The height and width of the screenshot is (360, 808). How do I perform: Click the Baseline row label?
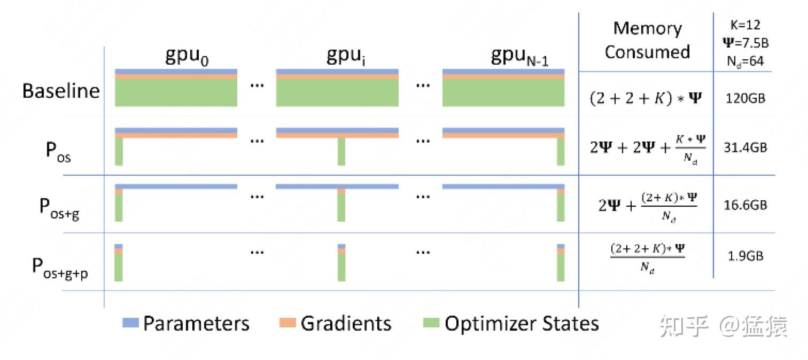[x=61, y=91]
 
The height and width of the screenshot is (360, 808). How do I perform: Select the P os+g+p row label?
[x=59, y=265]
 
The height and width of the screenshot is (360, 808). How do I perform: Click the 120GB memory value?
[x=745, y=99]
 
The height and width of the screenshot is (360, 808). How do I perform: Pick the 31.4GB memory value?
[x=745, y=147]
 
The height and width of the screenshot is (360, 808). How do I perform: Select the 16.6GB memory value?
[x=745, y=205]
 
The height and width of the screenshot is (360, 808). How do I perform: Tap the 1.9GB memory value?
[x=745, y=256]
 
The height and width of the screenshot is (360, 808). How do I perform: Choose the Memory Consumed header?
[x=647, y=40]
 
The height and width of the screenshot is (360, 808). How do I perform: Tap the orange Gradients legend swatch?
[x=288, y=323]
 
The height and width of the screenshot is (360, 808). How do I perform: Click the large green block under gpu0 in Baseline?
[x=176, y=92]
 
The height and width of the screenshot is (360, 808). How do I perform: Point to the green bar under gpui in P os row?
[x=341, y=152]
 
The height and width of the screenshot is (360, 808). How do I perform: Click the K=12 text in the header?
[x=745, y=25]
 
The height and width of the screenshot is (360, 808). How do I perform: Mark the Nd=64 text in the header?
[x=745, y=61]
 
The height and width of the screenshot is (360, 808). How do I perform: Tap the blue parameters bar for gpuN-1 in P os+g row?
[x=503, y=186]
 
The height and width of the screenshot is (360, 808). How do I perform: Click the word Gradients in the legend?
[x=346, y=324]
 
